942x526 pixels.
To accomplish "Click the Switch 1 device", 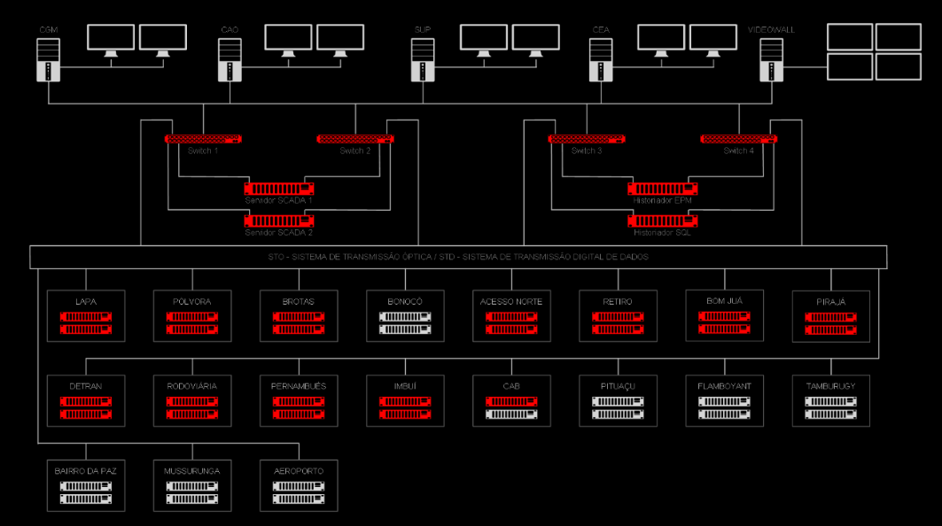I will pyautogui.click(x=203, y=139).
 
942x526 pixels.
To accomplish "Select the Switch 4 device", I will pyautogui.click(x=739, y=139).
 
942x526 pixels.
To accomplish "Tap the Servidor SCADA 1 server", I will pyautogui.click(x=279, y=188).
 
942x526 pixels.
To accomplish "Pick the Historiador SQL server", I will pyautogui.click(x=663, y=220).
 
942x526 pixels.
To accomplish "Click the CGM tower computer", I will pyautogui.click(x=47, y=60).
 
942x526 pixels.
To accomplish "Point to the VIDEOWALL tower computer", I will pyautogui.click(x=772, y=60).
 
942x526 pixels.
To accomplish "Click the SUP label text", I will pyautogui.click(x=422, y=30).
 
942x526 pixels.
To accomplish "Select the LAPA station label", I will pyautogui.click(x=86, y=301).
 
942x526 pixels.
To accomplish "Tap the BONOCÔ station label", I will pyautogui.click(x=405, y=301).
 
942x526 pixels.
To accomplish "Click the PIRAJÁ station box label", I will pyautogui.click(x=830, y=301).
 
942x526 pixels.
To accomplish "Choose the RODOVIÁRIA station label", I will pyautogui.click(x=192, y=386).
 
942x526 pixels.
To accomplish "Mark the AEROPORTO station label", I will pyautogui.click(x=299, y=471).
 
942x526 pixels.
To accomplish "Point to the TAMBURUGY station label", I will pyautogui.click(x=830, y=386).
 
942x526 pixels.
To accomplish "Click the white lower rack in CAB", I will pyautogui.click(x=511, y=414).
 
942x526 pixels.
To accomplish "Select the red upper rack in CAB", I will pyautogui.click(x=511, y=401).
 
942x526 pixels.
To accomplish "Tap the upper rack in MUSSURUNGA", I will pyautogui.click(x=192, y=486).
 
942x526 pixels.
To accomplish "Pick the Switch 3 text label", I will pyautogui.click(x=586, y=151).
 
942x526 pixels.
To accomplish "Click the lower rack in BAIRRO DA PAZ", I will pyautogui.click(x=86, y=499).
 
